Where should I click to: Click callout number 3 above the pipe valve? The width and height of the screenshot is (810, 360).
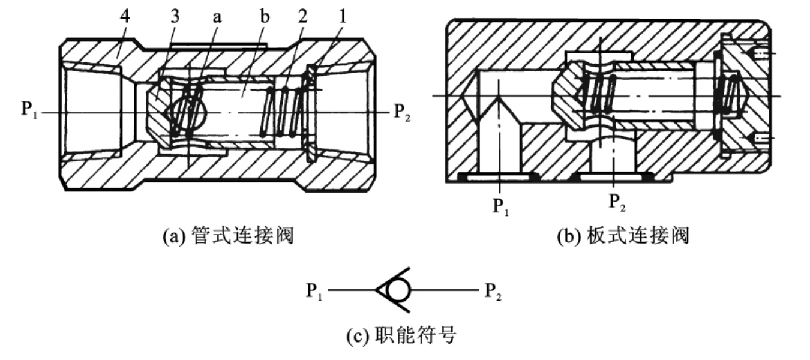(175, 16)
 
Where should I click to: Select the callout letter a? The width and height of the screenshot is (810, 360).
(217, 17)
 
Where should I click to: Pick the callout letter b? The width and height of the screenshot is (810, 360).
(265, 16)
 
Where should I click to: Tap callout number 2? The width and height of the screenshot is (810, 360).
(302, 16)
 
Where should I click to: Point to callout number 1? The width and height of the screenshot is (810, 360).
(343, 16)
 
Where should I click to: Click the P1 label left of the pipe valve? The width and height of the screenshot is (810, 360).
(29, 110)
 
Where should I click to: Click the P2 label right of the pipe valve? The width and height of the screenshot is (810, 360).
(402, 112)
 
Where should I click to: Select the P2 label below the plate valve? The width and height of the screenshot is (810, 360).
(617, 202)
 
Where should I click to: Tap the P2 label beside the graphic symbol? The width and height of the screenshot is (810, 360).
(493, 292)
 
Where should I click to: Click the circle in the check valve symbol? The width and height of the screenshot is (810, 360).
(398, 290)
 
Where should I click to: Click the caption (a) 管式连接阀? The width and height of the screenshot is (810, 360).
(228, 236)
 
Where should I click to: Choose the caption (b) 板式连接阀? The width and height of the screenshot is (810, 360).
(623, 236)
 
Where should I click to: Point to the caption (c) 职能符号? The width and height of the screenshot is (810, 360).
(401, 335)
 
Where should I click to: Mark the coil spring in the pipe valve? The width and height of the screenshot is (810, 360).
(286, 112)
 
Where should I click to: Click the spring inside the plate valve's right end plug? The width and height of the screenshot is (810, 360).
(727, 95)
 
